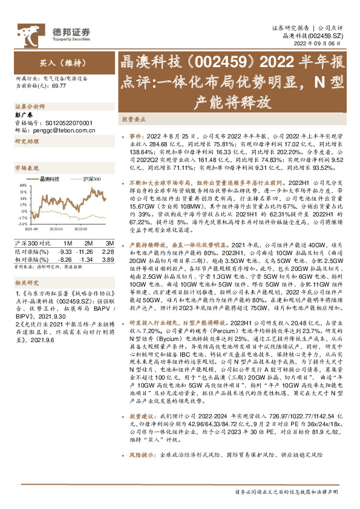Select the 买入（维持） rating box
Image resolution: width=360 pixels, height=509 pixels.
click(x=57, y=62)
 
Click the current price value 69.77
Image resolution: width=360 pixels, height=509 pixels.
click(x=59, y=86)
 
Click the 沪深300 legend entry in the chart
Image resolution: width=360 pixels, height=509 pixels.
click(x=91, y=180)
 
